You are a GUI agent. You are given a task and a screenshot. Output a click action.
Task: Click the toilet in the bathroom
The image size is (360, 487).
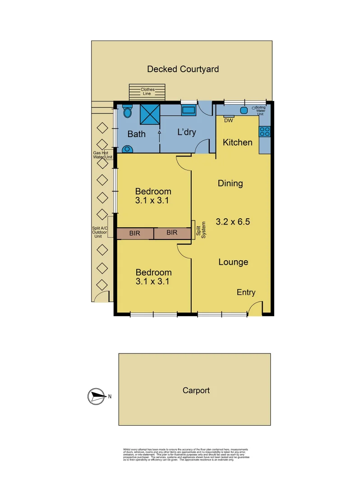(127, 111)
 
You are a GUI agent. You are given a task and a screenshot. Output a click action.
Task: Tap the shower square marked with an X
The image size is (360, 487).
(150, 114)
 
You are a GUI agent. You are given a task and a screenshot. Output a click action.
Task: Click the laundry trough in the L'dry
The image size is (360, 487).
(188, 110)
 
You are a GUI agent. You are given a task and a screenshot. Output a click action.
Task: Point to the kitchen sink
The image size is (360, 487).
(244, 110)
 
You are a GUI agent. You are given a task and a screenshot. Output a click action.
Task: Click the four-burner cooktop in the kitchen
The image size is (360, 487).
(265, 131)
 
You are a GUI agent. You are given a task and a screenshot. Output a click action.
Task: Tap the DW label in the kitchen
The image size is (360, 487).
(228, 120)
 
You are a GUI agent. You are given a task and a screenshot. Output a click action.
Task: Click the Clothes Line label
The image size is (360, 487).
(147, 92)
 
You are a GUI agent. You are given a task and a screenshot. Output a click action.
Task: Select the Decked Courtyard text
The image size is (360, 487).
(183, 69)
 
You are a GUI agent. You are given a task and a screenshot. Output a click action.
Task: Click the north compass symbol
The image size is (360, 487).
(95, 396)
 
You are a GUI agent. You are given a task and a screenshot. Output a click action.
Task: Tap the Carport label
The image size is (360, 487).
(196, 391)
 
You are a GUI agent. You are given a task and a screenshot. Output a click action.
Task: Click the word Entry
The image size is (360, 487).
(246, 293)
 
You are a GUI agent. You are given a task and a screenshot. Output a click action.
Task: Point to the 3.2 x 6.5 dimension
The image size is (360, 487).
(233, 222)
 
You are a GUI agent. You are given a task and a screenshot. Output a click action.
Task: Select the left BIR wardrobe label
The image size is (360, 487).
(134, 233)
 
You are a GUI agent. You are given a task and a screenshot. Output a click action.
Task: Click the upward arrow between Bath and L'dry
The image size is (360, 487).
(159, 133)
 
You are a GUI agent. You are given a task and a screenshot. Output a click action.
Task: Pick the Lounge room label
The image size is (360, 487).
(233, 262)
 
